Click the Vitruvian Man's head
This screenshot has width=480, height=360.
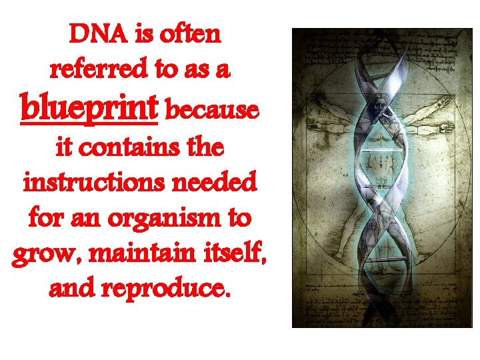pyautogui.click(x=383, y=105)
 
